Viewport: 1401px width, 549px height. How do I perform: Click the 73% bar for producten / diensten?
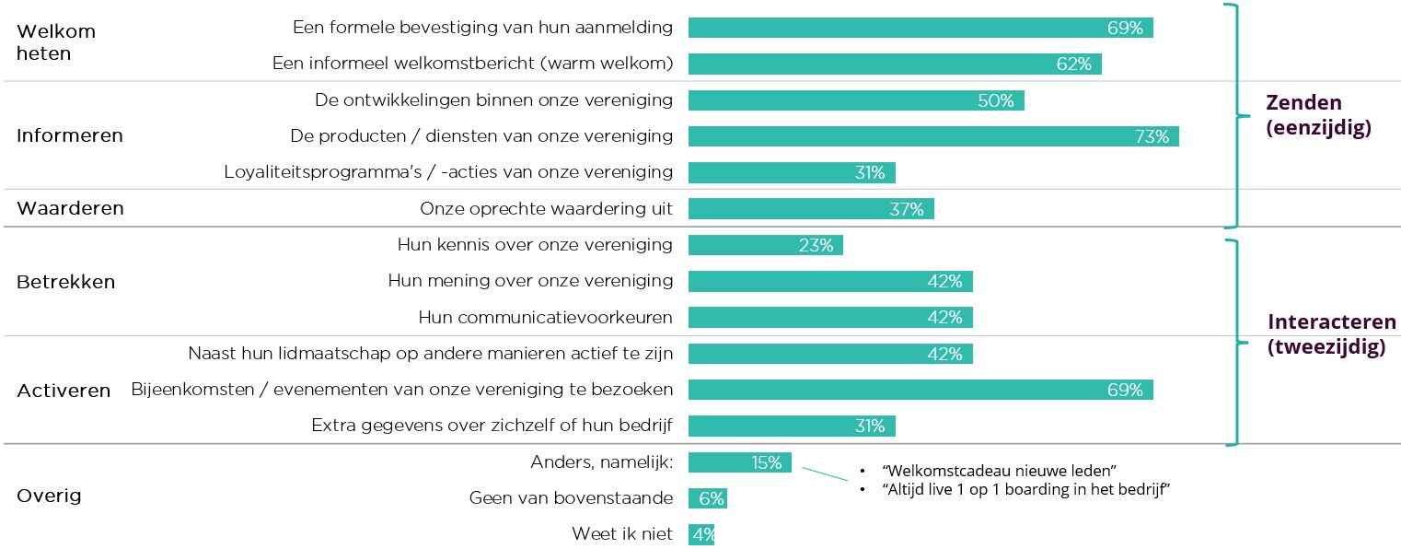pos(932,136)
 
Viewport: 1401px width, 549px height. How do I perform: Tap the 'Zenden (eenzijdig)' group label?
pos(1318,115)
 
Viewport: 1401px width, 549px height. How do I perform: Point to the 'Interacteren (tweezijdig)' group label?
pos(1331,334)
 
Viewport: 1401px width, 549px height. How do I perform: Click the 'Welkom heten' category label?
pos(56,42)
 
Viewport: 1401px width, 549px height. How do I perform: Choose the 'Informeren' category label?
pos(70,136)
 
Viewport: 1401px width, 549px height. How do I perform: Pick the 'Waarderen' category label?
pos(70,208)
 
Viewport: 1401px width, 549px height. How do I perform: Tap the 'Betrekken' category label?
pos(66,282)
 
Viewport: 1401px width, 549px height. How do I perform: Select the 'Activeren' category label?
pos(64,391)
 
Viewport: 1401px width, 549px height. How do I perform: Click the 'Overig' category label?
pos(49,496)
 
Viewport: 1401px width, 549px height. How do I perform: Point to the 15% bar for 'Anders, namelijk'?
pos(739,462)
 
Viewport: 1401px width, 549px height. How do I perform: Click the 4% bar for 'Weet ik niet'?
pos(700,534)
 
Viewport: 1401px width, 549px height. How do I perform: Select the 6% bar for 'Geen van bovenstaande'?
pos(708,498)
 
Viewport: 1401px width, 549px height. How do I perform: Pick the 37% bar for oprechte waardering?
pos(810,209)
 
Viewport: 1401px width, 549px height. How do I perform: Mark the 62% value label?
pos(1073,64)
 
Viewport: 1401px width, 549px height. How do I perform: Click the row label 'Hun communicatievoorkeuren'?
pos(545,318)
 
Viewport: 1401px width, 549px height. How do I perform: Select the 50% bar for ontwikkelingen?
pos(855,100)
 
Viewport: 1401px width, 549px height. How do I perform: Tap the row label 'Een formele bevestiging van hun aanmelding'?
pos(482,28)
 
